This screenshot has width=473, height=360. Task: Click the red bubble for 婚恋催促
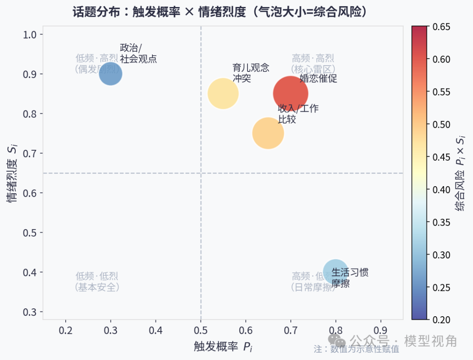pyautogui.click(x=290, y=93)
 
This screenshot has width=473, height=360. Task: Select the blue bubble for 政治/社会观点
pyautogui.click(x=110, y=74)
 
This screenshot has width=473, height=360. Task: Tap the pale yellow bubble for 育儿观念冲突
pyautogui.click(x=223, y=93)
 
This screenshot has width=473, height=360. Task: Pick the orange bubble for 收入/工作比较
pyautogui.click(x=268, y=133)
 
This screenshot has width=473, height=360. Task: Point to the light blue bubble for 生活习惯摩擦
pyautogui.click(x=336, y=272)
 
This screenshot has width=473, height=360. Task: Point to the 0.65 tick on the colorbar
pyautogui.click(x=441, y=27)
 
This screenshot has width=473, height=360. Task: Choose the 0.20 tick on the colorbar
pyautogui.click(x=441, y=320)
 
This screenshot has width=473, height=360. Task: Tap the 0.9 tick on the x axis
pyautogui.click(x=381, y=329)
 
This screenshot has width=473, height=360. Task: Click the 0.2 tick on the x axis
pyautogui.click(x=65, y=329)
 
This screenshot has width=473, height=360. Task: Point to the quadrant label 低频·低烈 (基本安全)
pyautogui.click(x=97, y=282)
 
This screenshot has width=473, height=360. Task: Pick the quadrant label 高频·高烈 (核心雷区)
pyautogui.click(x=313, y=64)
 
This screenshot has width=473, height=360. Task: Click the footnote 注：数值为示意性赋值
pyautogui.click(x=356, y=349)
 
